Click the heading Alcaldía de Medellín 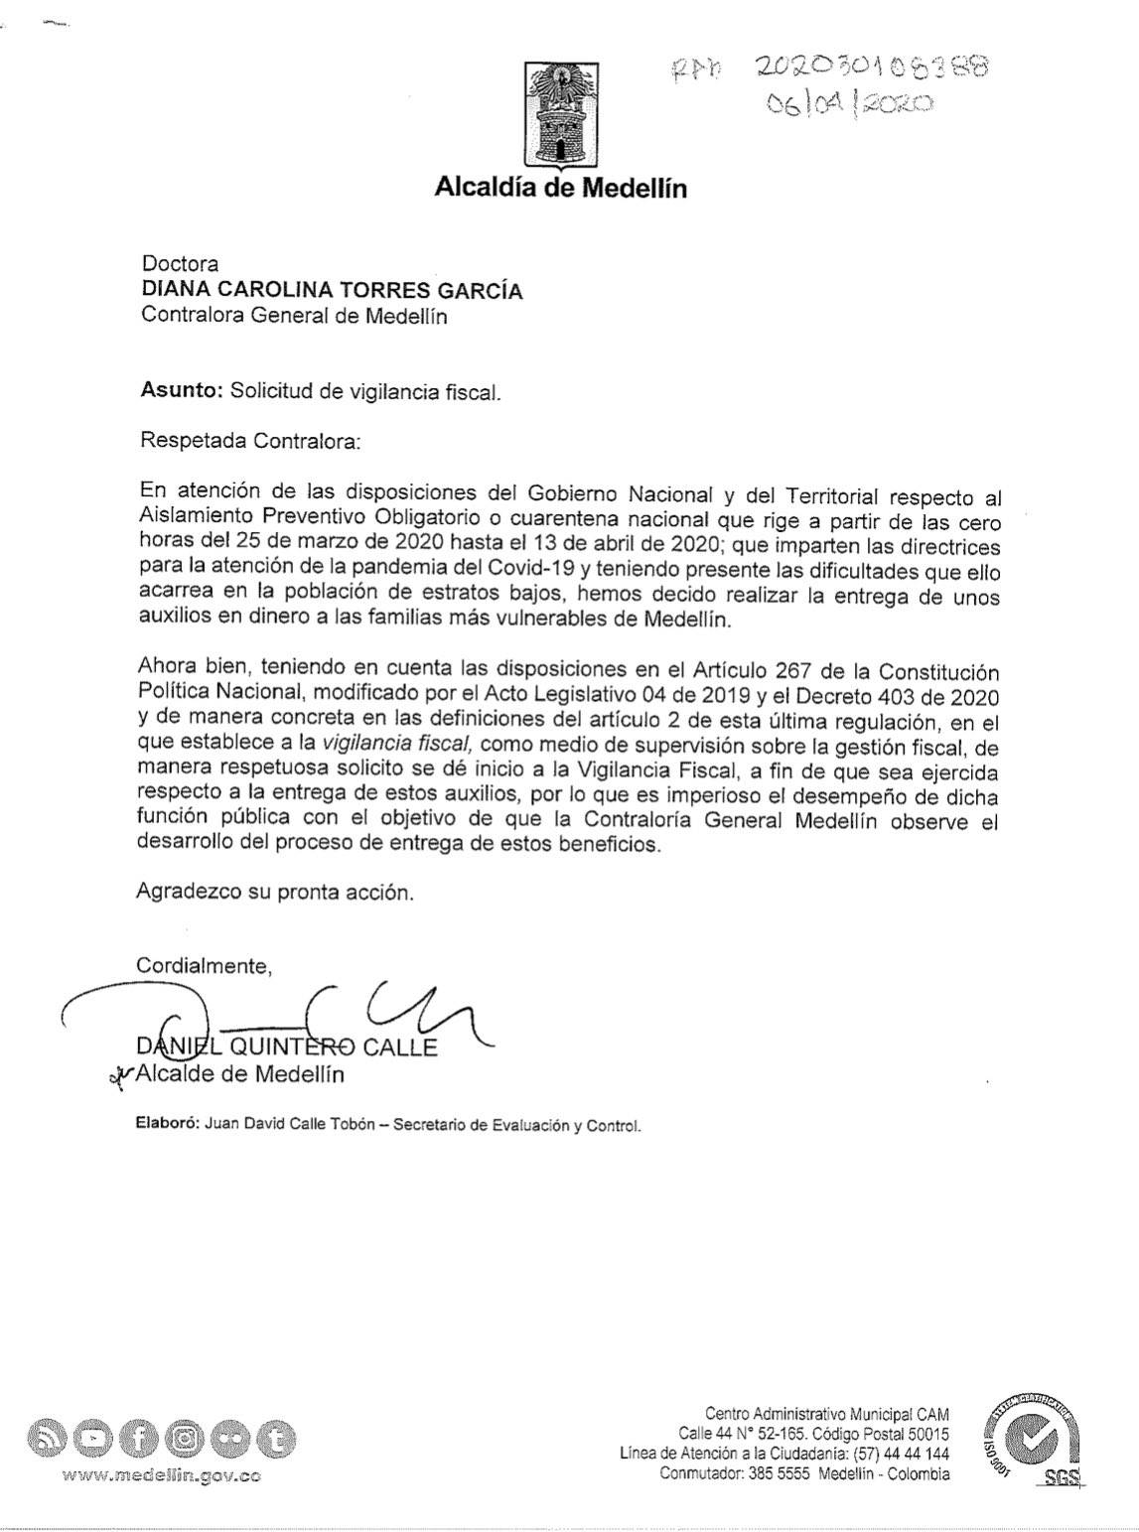560,188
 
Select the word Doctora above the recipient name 180,264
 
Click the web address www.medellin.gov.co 162,1476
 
